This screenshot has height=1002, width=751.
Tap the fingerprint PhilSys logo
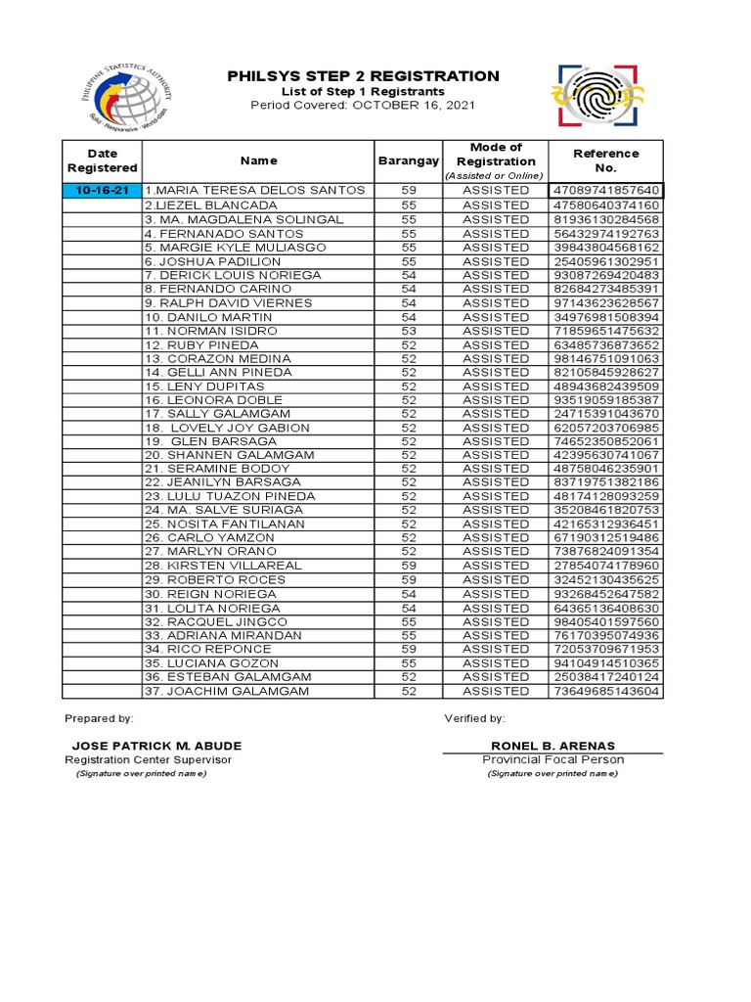click(599, 96)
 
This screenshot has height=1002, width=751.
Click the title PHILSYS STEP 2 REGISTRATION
click(363, 76)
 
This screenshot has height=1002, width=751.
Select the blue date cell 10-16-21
click(102, 190)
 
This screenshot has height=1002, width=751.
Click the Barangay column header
click(408, 160)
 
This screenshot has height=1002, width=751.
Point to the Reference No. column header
click(605, 160)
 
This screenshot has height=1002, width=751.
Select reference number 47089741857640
click(605, 190)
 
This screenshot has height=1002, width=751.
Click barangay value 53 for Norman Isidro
click(408, 331)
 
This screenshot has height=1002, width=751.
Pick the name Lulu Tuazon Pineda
click(230, 496)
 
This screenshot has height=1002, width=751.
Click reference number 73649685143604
click(605, 691)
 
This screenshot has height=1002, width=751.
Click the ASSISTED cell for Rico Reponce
click(496, 649)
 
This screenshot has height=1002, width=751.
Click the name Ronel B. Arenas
click(552, 746)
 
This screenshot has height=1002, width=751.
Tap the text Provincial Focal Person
click(552, 759)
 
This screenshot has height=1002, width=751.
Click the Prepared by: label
click(99, 718)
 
